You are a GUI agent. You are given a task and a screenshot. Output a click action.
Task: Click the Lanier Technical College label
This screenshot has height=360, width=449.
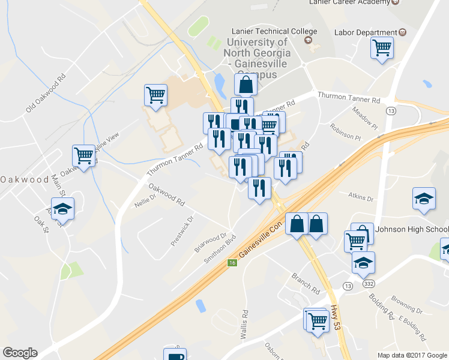coord(274,31)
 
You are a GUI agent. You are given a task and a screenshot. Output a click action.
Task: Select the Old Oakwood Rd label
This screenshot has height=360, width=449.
coord(46,93)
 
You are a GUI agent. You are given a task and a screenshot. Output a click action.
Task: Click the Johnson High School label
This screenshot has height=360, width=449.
coord(411,229)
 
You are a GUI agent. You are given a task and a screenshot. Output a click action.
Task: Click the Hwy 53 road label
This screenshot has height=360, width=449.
coord(335,317)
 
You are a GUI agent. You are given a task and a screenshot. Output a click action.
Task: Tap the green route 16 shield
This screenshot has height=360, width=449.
coord(232,262)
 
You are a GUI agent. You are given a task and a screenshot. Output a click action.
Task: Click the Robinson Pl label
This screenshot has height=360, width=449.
coord(345,132)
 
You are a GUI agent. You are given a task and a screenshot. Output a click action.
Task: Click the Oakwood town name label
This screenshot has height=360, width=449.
coord(24,179)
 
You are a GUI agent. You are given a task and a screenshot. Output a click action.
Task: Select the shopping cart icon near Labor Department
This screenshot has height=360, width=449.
coord(382,48)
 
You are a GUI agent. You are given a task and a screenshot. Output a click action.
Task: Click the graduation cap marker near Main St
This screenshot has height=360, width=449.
coord(62,209)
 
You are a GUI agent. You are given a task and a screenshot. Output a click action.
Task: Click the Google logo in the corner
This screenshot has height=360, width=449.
coord(20,353)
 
